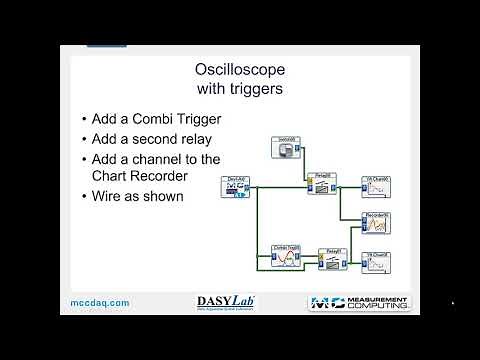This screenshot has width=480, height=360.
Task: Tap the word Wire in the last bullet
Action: (x=108, y=196)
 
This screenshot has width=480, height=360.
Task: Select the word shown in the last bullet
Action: (x=164, y=196)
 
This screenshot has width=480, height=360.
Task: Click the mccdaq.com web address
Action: (x=100, y=303)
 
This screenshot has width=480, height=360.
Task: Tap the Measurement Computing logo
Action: (x=359, y=303)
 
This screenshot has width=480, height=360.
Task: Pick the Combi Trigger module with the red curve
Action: (x=286, y=258)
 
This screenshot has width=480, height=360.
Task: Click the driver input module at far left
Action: (x=238, y=187)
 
